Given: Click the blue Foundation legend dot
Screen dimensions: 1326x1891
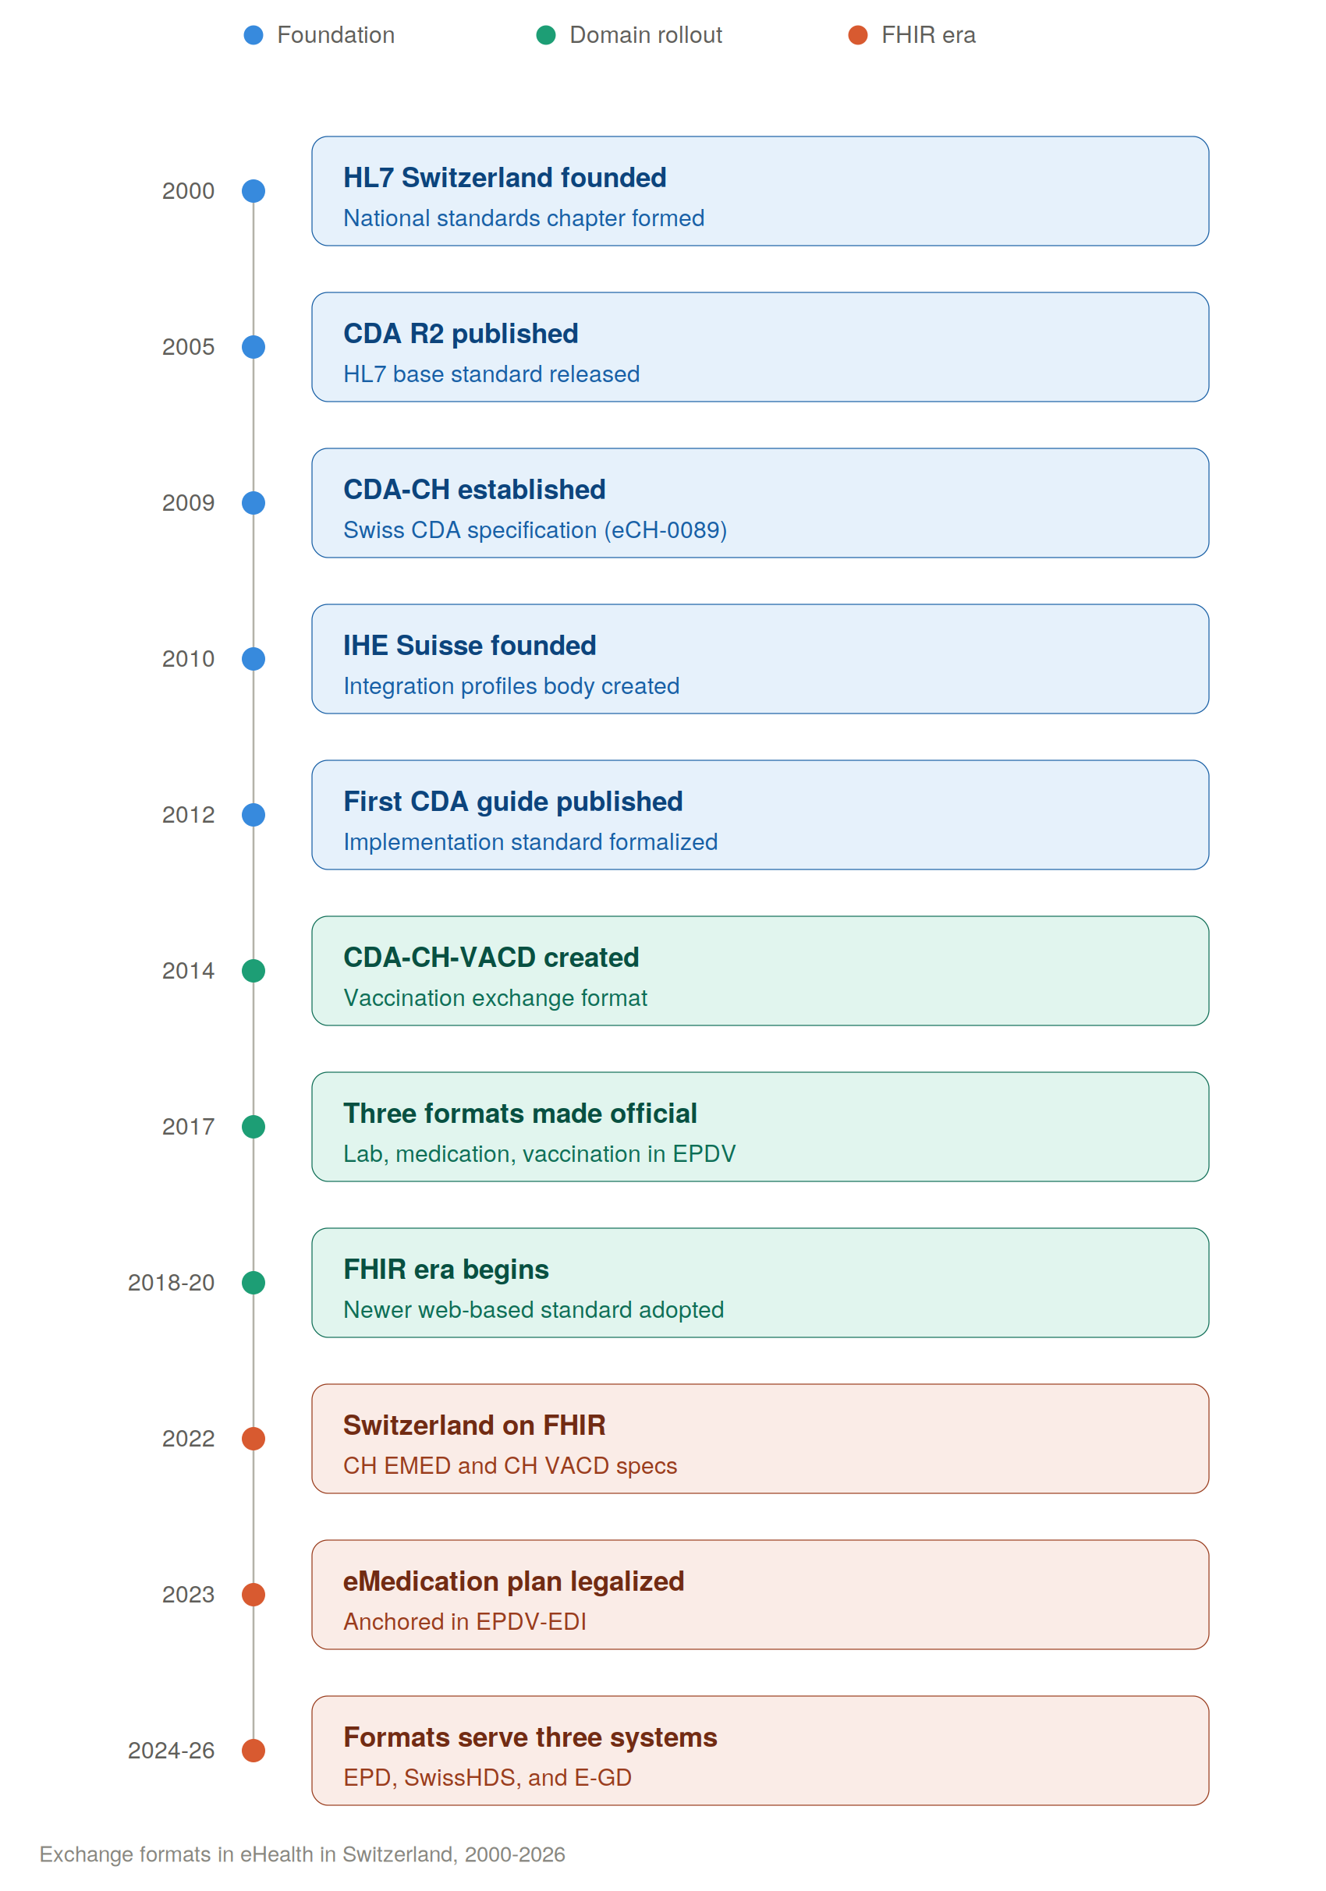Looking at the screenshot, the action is tap(253, 34).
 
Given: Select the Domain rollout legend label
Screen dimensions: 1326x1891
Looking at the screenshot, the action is tap(646, 34).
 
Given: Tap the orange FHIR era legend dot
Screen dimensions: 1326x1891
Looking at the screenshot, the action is tap(858, 34).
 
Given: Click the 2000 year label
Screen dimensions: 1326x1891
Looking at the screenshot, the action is tap(188, 191).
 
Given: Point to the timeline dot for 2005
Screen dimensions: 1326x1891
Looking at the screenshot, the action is tap(253, 347).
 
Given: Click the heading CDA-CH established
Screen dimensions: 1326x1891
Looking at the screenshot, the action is tap(474, 489).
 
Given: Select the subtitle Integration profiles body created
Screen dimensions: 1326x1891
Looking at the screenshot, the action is tap(512, 686).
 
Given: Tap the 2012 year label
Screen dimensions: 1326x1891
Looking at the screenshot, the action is tap(188, 815).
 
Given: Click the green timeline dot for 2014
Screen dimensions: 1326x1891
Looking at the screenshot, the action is tap(253, 970).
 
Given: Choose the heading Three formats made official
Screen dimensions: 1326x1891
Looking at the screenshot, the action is tap(520, 1114).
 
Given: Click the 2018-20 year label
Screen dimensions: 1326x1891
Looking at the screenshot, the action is tap(172, 1282).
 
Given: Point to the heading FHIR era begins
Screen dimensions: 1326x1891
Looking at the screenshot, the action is tap(446, 1270).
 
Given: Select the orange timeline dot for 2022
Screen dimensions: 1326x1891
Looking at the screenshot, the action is tap(253, 1438).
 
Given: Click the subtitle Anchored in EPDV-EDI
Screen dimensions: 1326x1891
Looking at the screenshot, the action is tap(465, 1622).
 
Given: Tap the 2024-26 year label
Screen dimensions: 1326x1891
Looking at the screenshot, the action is tap(172, 1750).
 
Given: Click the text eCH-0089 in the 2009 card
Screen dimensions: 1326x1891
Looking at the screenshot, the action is tap(665, 529).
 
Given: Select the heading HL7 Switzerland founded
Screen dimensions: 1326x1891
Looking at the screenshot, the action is tap(505, 178).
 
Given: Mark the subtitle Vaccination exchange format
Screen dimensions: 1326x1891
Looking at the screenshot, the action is tap(495, 998).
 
